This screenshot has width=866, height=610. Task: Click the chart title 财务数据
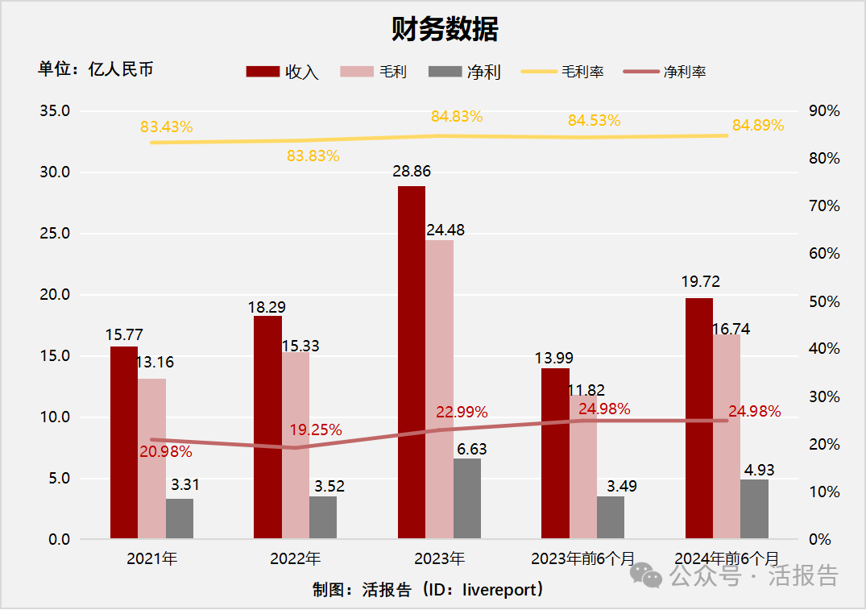point(445,30)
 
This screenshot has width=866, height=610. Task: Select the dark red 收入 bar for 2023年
point(411,363)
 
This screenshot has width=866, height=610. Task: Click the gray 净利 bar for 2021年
point(180,519)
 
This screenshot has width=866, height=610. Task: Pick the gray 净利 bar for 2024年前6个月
point(754,509)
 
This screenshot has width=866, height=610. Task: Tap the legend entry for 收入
point(283,72)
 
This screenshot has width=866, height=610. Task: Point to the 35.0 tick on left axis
point(56,111)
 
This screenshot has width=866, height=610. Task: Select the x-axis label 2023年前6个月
point(582,558)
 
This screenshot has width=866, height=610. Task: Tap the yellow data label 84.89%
point(757,126)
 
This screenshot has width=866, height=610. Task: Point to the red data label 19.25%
point(316,430)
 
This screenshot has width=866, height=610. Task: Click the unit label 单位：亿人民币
point(95,69)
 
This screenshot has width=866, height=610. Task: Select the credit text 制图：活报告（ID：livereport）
point(429,590)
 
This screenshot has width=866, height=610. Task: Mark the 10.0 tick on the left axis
point(56,417)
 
